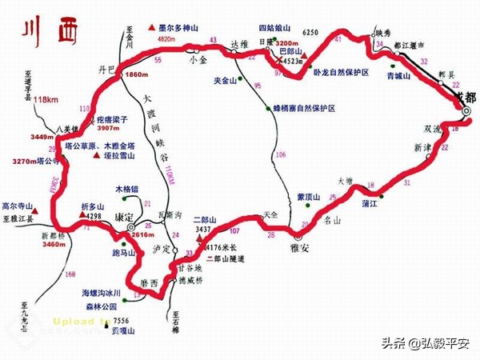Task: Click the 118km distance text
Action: (31, 99)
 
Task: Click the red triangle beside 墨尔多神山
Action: (151, 28)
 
